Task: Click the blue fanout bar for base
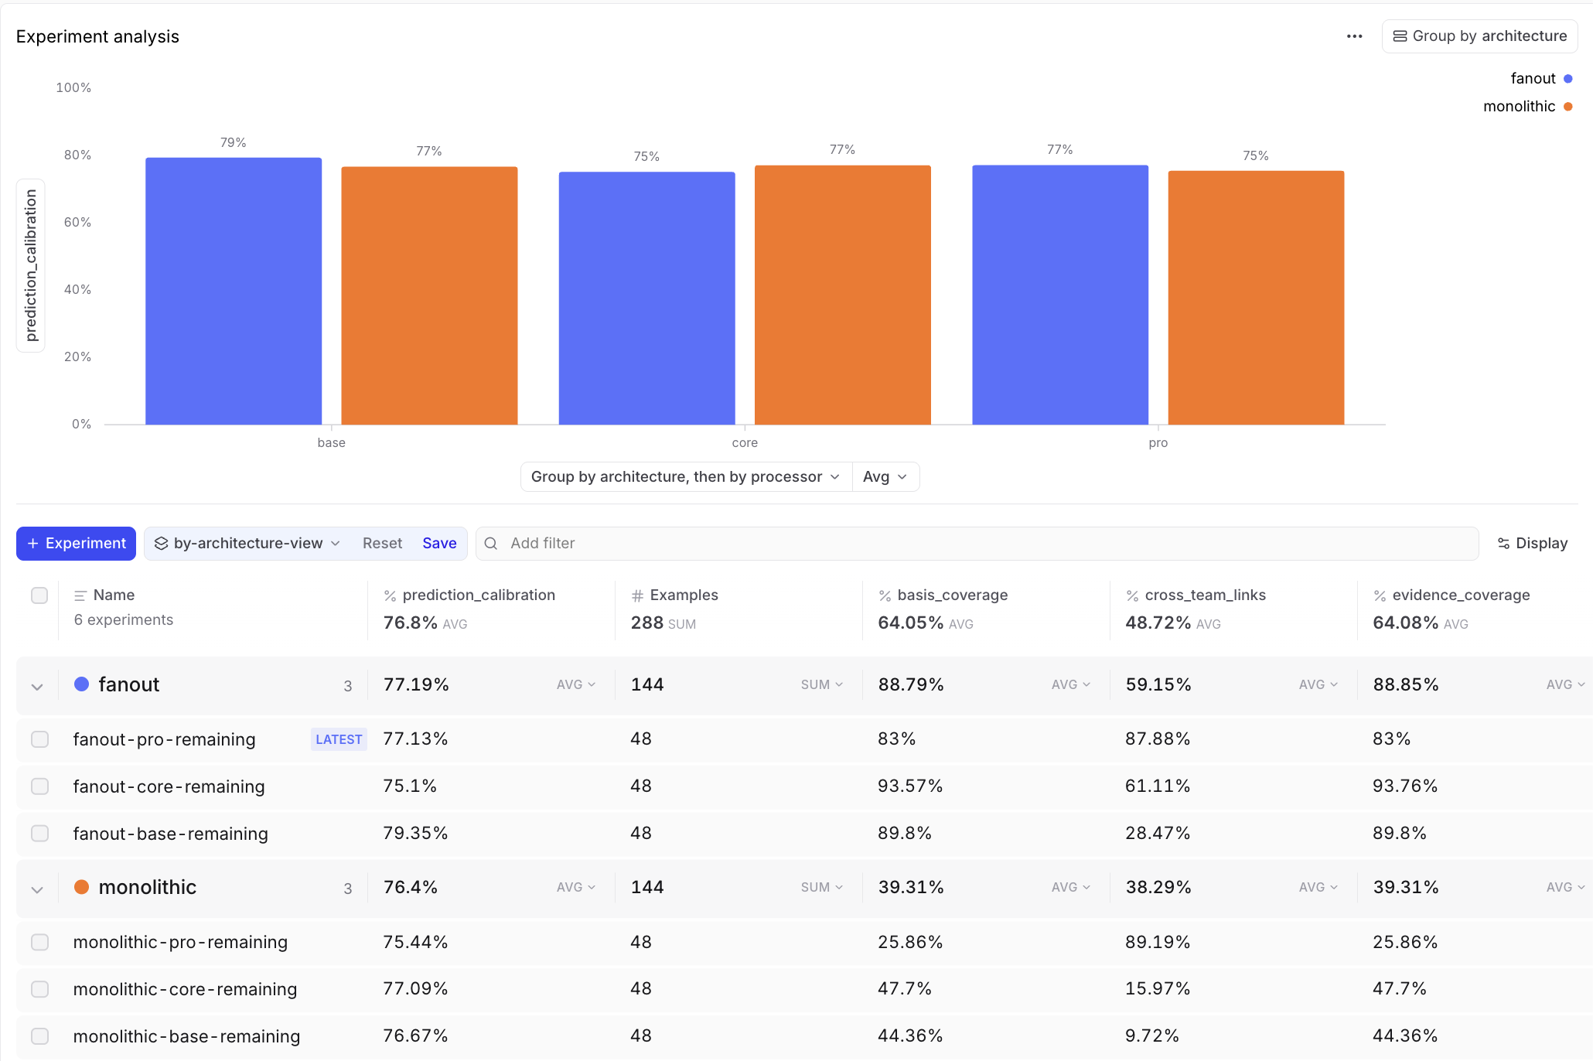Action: (234, 291)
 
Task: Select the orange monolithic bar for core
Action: (843, 295)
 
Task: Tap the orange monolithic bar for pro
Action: (1256, 298)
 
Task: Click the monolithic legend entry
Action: (1527, 107)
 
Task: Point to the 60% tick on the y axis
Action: (77, 223)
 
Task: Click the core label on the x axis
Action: (745, 443)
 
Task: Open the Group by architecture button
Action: (1479, 36)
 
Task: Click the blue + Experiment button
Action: (76, 544)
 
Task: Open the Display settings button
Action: (1533, 544)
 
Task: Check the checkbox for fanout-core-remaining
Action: (39, 786)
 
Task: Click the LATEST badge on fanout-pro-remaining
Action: (339, 739)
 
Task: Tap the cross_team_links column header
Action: (1205, 595)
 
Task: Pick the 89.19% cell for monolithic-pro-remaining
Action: (1158, 942)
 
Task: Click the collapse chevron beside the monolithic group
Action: (37, 889)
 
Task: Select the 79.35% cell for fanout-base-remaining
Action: (415, 834)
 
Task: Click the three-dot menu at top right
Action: (1354, 36)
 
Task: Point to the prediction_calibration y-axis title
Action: (31, 265)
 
